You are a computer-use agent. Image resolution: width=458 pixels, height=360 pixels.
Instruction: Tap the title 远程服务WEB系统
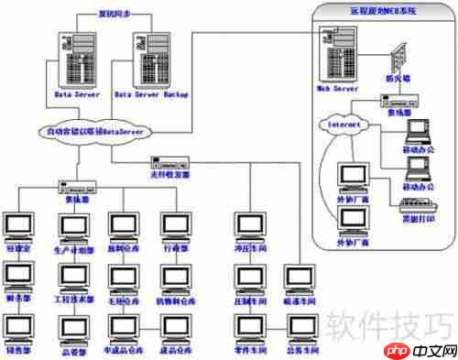point(382,11)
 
